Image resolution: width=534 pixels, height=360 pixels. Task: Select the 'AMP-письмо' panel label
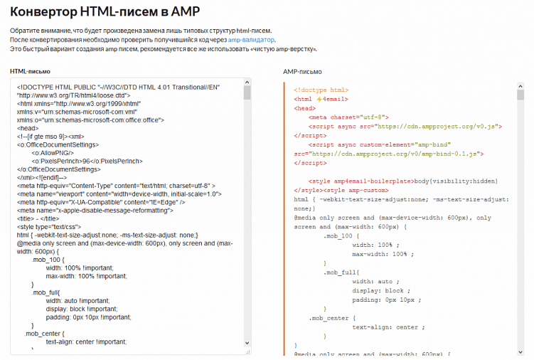(x=302, y=72)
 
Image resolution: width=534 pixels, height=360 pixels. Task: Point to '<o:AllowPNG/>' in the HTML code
(x=52, y=152)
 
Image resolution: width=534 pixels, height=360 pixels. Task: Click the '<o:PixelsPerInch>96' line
(x=87, y=161)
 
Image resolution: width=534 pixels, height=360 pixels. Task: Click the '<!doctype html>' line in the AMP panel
(x=321, y=90)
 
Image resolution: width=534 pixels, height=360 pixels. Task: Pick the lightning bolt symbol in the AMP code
(x=320, y=100)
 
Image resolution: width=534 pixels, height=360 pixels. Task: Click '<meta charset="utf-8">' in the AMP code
(x=348, y=117)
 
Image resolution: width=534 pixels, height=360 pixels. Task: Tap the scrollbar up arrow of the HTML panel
(x=247, y=83)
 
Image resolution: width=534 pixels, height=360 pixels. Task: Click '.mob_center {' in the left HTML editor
(x=44, y=334)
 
